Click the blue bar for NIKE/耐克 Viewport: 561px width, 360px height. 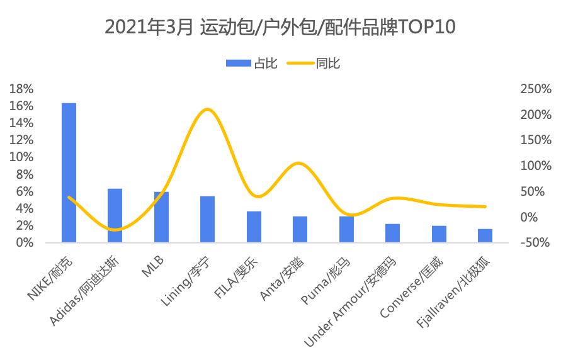(69, 172)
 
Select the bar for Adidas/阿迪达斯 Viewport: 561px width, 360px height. (115, 215)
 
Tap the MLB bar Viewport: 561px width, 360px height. (161, 217)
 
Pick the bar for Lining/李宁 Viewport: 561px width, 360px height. (208, 219)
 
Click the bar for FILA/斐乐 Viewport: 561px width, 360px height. (254, 227)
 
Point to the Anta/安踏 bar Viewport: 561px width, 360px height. (300, 229)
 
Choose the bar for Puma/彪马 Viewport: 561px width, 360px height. (346, 229)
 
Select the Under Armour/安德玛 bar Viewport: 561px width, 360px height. (393, 233)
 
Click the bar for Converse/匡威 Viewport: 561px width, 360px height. (439, 234)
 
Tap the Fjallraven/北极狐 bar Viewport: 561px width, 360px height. (485, 235)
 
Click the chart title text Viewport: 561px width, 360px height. (280, 28)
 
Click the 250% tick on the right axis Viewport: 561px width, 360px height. (536, 89)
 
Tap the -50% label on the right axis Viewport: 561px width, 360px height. (537, 243)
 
